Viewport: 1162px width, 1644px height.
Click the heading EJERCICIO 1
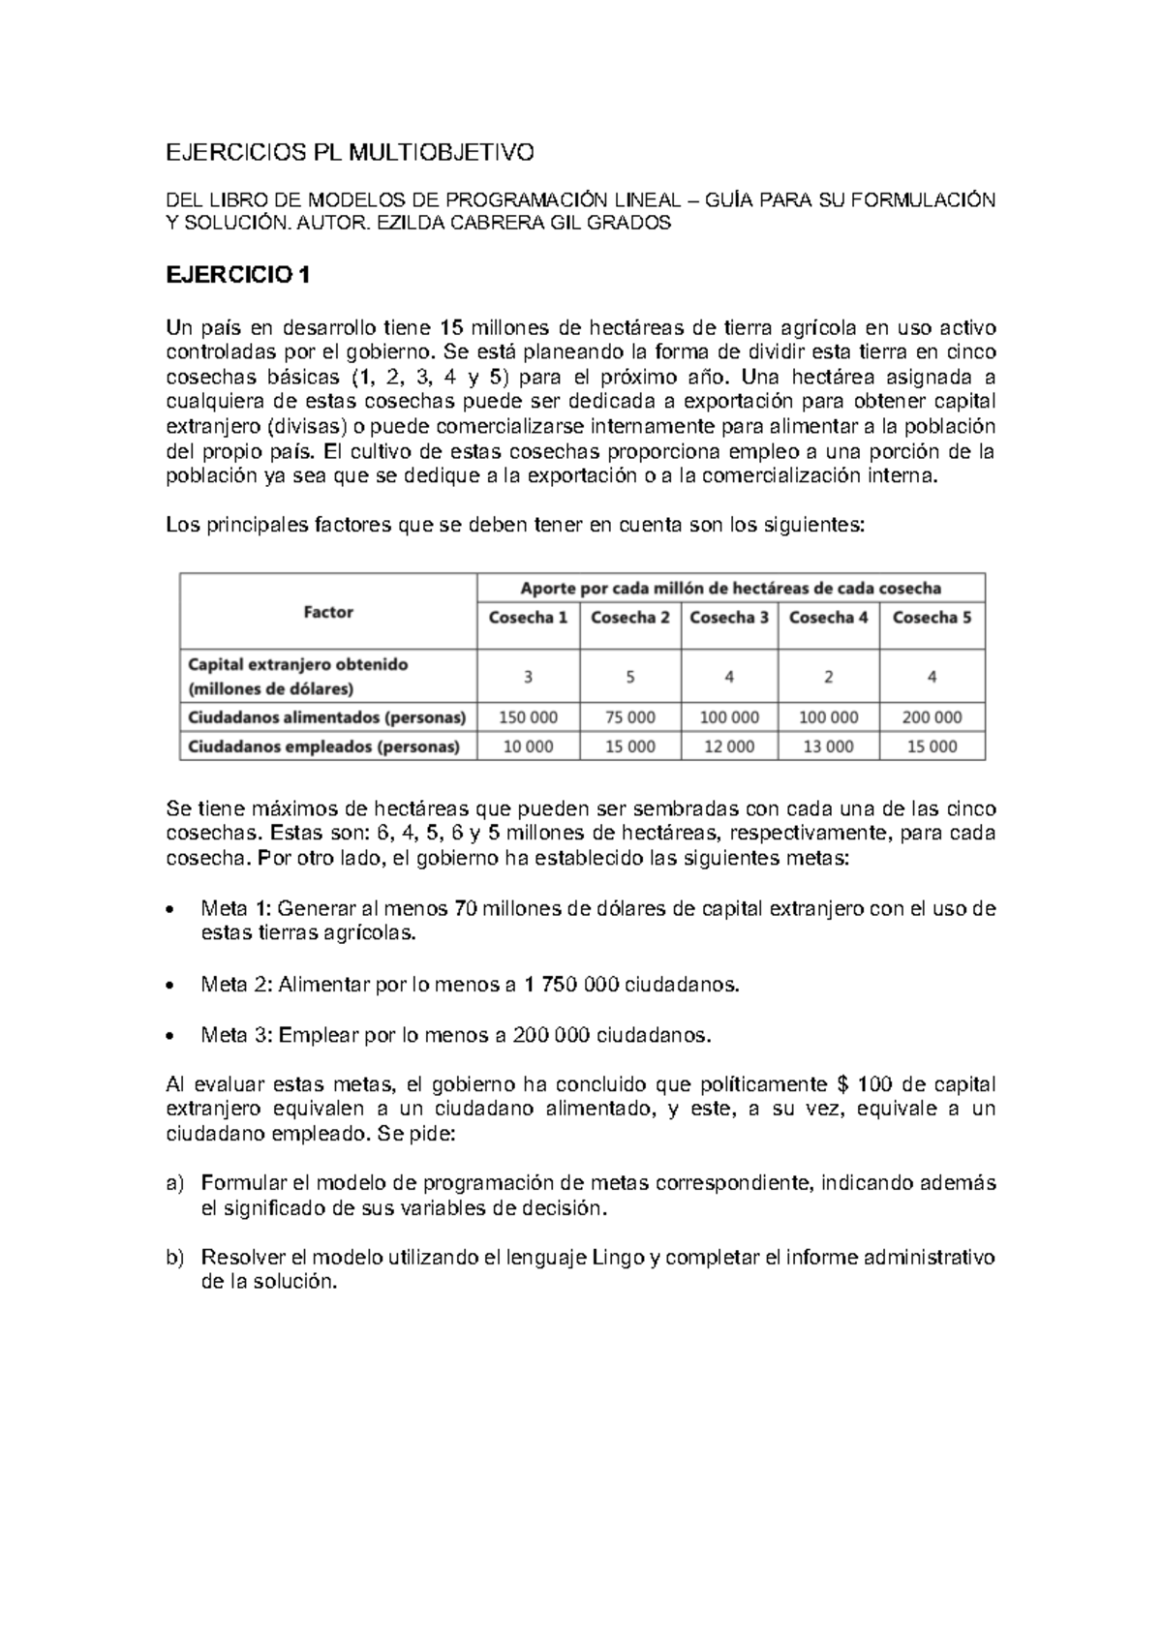pos(238,275)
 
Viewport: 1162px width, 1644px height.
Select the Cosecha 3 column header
pos(729,618)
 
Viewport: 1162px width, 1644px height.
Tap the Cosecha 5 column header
pos(932,618)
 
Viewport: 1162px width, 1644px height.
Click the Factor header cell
pos(328,612)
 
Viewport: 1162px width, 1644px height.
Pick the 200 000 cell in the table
pos(932,717)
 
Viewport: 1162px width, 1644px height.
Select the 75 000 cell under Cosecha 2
pos(629,717)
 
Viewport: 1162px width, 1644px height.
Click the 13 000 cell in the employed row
pos(829,746)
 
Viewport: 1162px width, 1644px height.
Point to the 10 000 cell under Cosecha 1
pos(528,746)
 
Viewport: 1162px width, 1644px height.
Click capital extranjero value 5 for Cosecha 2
pos(629,678)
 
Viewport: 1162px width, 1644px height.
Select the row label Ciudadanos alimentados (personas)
pos(326,717)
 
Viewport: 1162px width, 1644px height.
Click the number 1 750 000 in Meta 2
pos(570,985)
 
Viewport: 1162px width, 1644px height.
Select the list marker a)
pos(174,1183)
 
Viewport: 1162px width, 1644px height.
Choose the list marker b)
pos(174,1258)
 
